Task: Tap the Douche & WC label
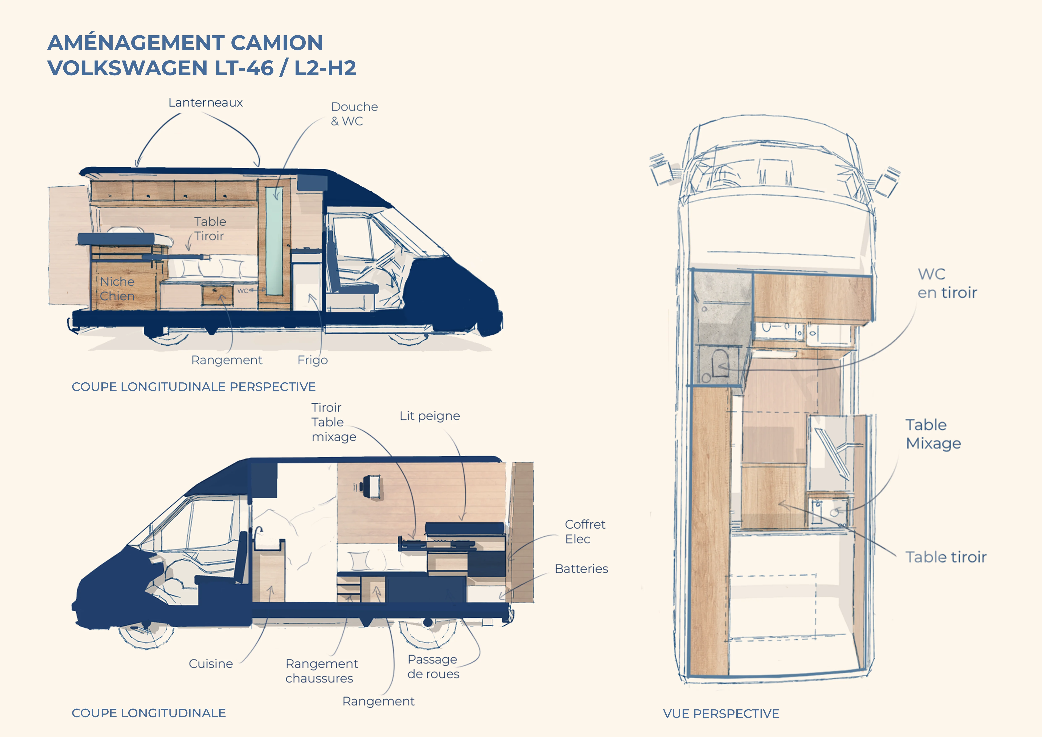(x=354, y=114)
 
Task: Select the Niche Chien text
(x=117, y=289)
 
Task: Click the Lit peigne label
(x=429, y=416)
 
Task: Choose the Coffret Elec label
(x=585, y=531)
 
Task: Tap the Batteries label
(x=581, y=569)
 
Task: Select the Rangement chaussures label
(x=321, y=671)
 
